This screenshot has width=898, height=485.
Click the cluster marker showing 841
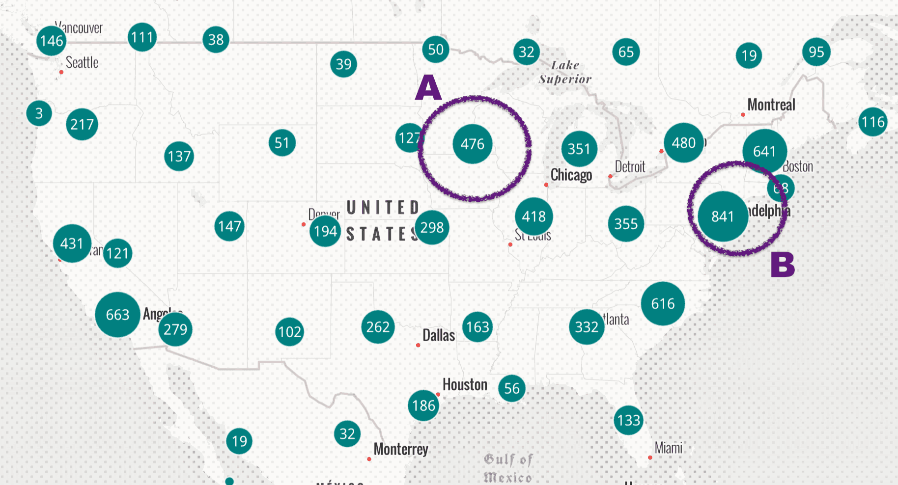[x=723, y=216]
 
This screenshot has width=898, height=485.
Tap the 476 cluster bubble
[x=473, y=144]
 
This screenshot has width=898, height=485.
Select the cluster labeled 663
[x=117, y=315]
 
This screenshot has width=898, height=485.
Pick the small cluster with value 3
[x=39, y=113]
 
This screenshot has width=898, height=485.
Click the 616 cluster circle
[x=663, y=304]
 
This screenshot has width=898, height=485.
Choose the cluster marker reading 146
[x=52, y=41]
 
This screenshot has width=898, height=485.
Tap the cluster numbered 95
[x=816, y=52]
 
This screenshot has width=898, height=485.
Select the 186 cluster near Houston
[x=423, y=405]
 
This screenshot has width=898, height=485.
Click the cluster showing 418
[x=534, y=216]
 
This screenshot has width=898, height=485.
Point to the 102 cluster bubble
[x=289, y=332]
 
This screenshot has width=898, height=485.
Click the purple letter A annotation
[x=428, y=88]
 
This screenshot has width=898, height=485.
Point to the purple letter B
[x=783, y=265]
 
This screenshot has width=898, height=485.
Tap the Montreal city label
[x=771, y=105]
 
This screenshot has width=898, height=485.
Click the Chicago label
[x=571, y=175]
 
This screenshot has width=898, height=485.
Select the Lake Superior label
[x=565, y=72]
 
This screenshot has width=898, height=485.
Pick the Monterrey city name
[x=401, y=449]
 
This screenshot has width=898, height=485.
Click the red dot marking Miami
[x=650, y=458]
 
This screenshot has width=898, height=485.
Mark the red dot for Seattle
[x=61, y=72]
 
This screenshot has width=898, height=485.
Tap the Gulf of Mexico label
[x=507, y=468]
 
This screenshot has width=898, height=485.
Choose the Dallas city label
[x=439, y=335]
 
